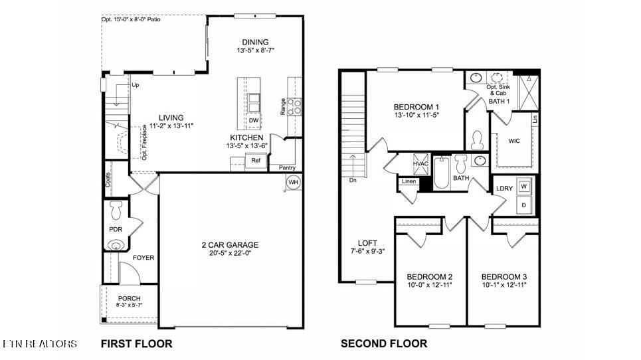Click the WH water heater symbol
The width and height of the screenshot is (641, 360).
coord(292,182)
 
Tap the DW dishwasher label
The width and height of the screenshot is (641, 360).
coord(254,120)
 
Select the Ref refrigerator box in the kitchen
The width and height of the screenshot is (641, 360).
coord(255,160)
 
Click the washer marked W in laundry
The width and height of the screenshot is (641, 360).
coord(523,187)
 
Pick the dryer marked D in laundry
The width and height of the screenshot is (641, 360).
coord(523,205)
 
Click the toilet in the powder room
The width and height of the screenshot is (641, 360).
coord(116,210)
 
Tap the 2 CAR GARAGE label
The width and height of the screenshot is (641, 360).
coord(230,244)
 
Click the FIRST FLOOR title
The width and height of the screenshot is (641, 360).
coord(136,343)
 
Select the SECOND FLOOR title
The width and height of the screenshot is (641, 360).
coord(384,343)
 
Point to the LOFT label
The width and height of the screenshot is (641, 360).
coord(367,243)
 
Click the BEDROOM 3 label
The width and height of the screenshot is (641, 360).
coord(504,276)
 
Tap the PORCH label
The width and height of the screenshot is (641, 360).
coord(130,298)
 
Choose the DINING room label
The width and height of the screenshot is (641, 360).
coord(255,43)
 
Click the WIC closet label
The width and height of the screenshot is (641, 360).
coord(514,141)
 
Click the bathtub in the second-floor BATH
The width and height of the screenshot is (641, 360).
coord(443,175)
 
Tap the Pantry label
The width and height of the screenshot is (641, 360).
coord(288,167)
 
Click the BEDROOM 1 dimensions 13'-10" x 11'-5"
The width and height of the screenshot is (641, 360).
coord(416,115)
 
